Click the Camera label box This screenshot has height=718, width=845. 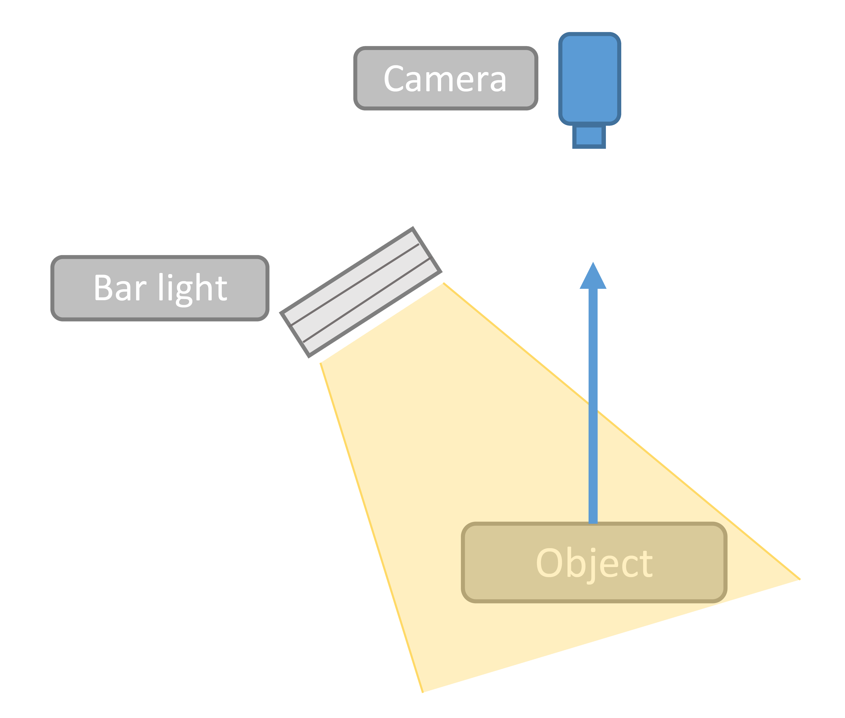click(446, 78)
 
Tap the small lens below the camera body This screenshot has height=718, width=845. click(589, 136)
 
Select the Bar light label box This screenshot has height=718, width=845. click(160, 288)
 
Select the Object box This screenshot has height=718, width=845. click(594, 562)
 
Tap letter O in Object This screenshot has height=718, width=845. click(549, 562)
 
